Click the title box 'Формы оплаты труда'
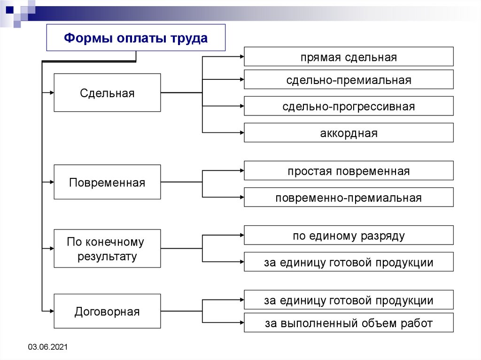[x=136, y=38]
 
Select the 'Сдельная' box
[x=107, y=93]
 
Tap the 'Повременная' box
[x=107, y=182]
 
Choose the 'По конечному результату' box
[x=107, y=249]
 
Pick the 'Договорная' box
[x=107, y=311]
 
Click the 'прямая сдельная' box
[x=349, y=57]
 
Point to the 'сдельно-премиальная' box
[x=349, y=80]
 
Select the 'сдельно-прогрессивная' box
[x=349, y=106]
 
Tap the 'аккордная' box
[x=349, y=133]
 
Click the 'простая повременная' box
[x=349, y=171]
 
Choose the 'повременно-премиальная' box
[x=349, y=198]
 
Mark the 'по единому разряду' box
[x=349, y=236]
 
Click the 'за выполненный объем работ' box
[x=349, y=323]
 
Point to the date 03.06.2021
[x=48, y=347]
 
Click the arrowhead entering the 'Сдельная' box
[x=52, y=93]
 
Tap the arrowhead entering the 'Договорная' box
[x=52, y=311]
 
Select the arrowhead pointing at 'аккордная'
[x=241, y=133]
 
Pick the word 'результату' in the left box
[x=108, y=256]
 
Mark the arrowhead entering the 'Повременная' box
[x=52, y=182]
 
